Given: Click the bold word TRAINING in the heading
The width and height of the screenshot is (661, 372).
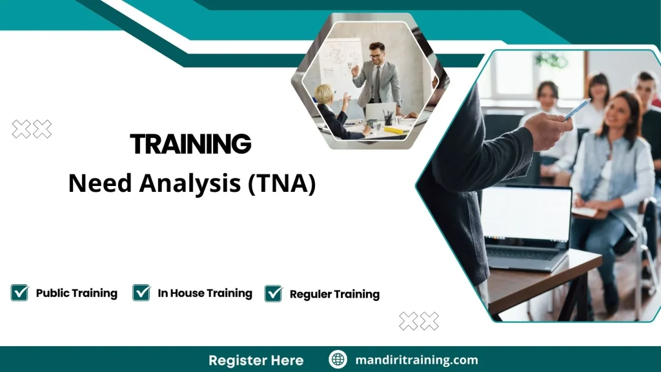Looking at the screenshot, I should pos(190,143).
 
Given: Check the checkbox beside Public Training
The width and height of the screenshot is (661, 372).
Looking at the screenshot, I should pos(20,293).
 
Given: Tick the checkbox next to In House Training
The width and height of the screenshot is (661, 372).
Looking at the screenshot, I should pos(141,293).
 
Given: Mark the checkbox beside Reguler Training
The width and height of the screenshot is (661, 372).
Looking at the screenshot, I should pos(274,294).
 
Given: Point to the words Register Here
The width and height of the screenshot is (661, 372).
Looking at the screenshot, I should pos(256,360).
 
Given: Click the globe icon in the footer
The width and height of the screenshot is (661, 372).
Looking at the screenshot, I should pos(338,360).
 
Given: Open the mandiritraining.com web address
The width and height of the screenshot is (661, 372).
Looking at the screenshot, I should pos(416,360).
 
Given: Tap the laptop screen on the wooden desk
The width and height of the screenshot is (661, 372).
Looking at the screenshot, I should pos(526,214).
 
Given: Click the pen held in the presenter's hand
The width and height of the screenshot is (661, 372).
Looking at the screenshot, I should pos(576,110).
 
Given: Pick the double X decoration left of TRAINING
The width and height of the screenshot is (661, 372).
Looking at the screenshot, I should pos(32,129).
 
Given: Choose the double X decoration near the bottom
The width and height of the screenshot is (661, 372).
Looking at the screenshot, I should pos(418,320).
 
